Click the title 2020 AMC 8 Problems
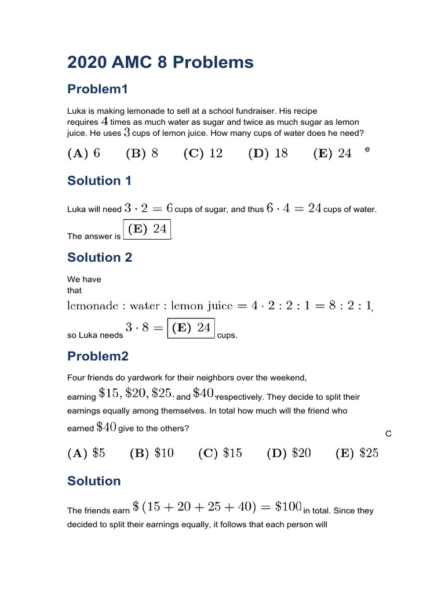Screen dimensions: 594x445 (x=161, y=62)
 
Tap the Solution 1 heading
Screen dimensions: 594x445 (x=99, y=180)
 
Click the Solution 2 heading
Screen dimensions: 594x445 (x=100, y=257)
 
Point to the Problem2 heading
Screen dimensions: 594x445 (x=98, y=356)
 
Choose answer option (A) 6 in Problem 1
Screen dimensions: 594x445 (x=84, y=153)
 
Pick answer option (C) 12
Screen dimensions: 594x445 (x=203, y=153)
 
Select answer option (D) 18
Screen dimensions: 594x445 (x=268, y=153)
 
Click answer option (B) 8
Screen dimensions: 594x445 (x=142, y=153)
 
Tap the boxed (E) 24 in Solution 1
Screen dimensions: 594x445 (x=147, y=229)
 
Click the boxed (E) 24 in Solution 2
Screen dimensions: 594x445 (x=191, y=328)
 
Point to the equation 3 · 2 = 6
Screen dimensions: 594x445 (x=149, y=208)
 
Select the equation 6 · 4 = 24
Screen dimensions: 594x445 (x=294, y=208)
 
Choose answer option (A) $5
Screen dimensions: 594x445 (x=86, y=453)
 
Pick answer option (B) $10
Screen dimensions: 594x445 (x=151, y=453)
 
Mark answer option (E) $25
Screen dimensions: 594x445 (x=357, y=453)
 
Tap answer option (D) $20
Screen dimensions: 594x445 (x=289, y=453)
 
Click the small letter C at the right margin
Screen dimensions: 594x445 (x=388, y=434)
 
